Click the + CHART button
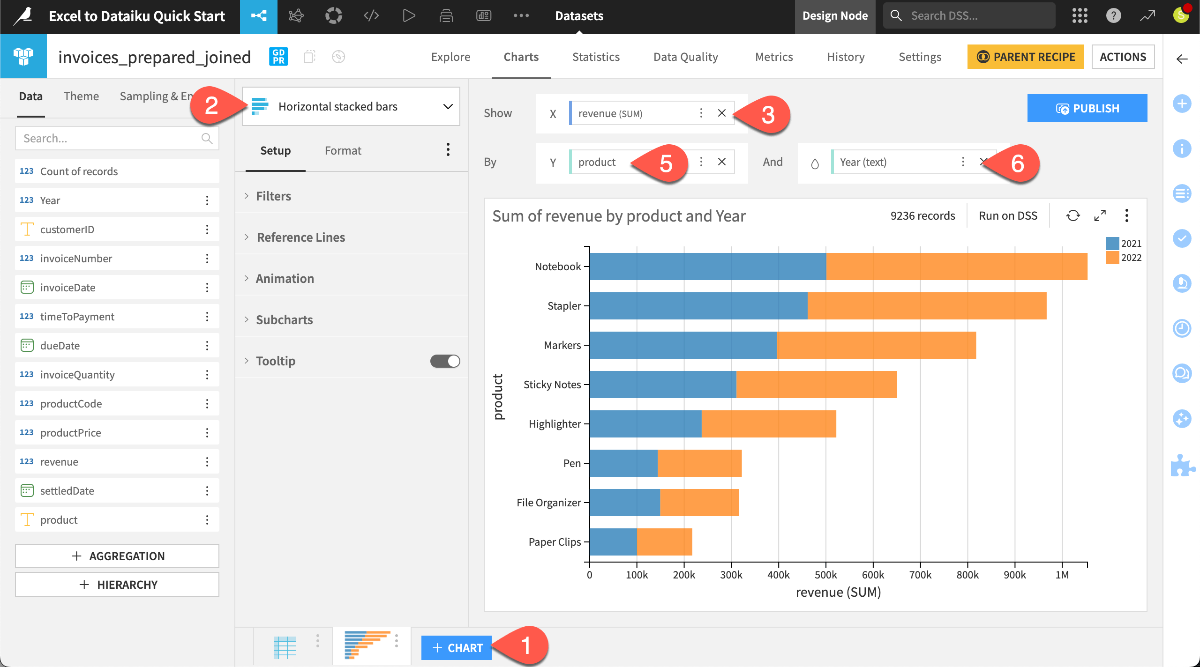pyautogui.click(x=457, y=648)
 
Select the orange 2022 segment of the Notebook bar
pyautogui.click(x=956, y=267)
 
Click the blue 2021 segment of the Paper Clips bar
pyautogui.click(x=613, y=542)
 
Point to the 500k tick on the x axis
pyautogui.click(x=825, y=575)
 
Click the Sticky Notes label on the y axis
pyautogui.click(x=552, y=385)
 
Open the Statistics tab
pyautogui.click(x=596, y=57)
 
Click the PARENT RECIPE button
pyautogui.click(x=1026, y=57)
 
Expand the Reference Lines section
pyautogui.click(x=300, y=237)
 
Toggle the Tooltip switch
pyautogui.click(x=445, y=361)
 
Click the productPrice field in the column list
pyautogui.click(x=70, y=433)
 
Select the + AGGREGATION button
pyautogui.click(x=117, y=556)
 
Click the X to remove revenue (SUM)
pyautogui.click(x=722, y=113)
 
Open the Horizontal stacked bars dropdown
pyautogui.click(x=351, y=106)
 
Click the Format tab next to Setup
pyautogui.click(x=343, y=150)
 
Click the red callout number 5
pyautogui.click(x=666, y=163)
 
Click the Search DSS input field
pyautogui.click(x=975, y=15)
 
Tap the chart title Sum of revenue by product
pyautogui.click(x=619, y=216)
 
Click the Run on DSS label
pyautogui.click(x=1008, y=216)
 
